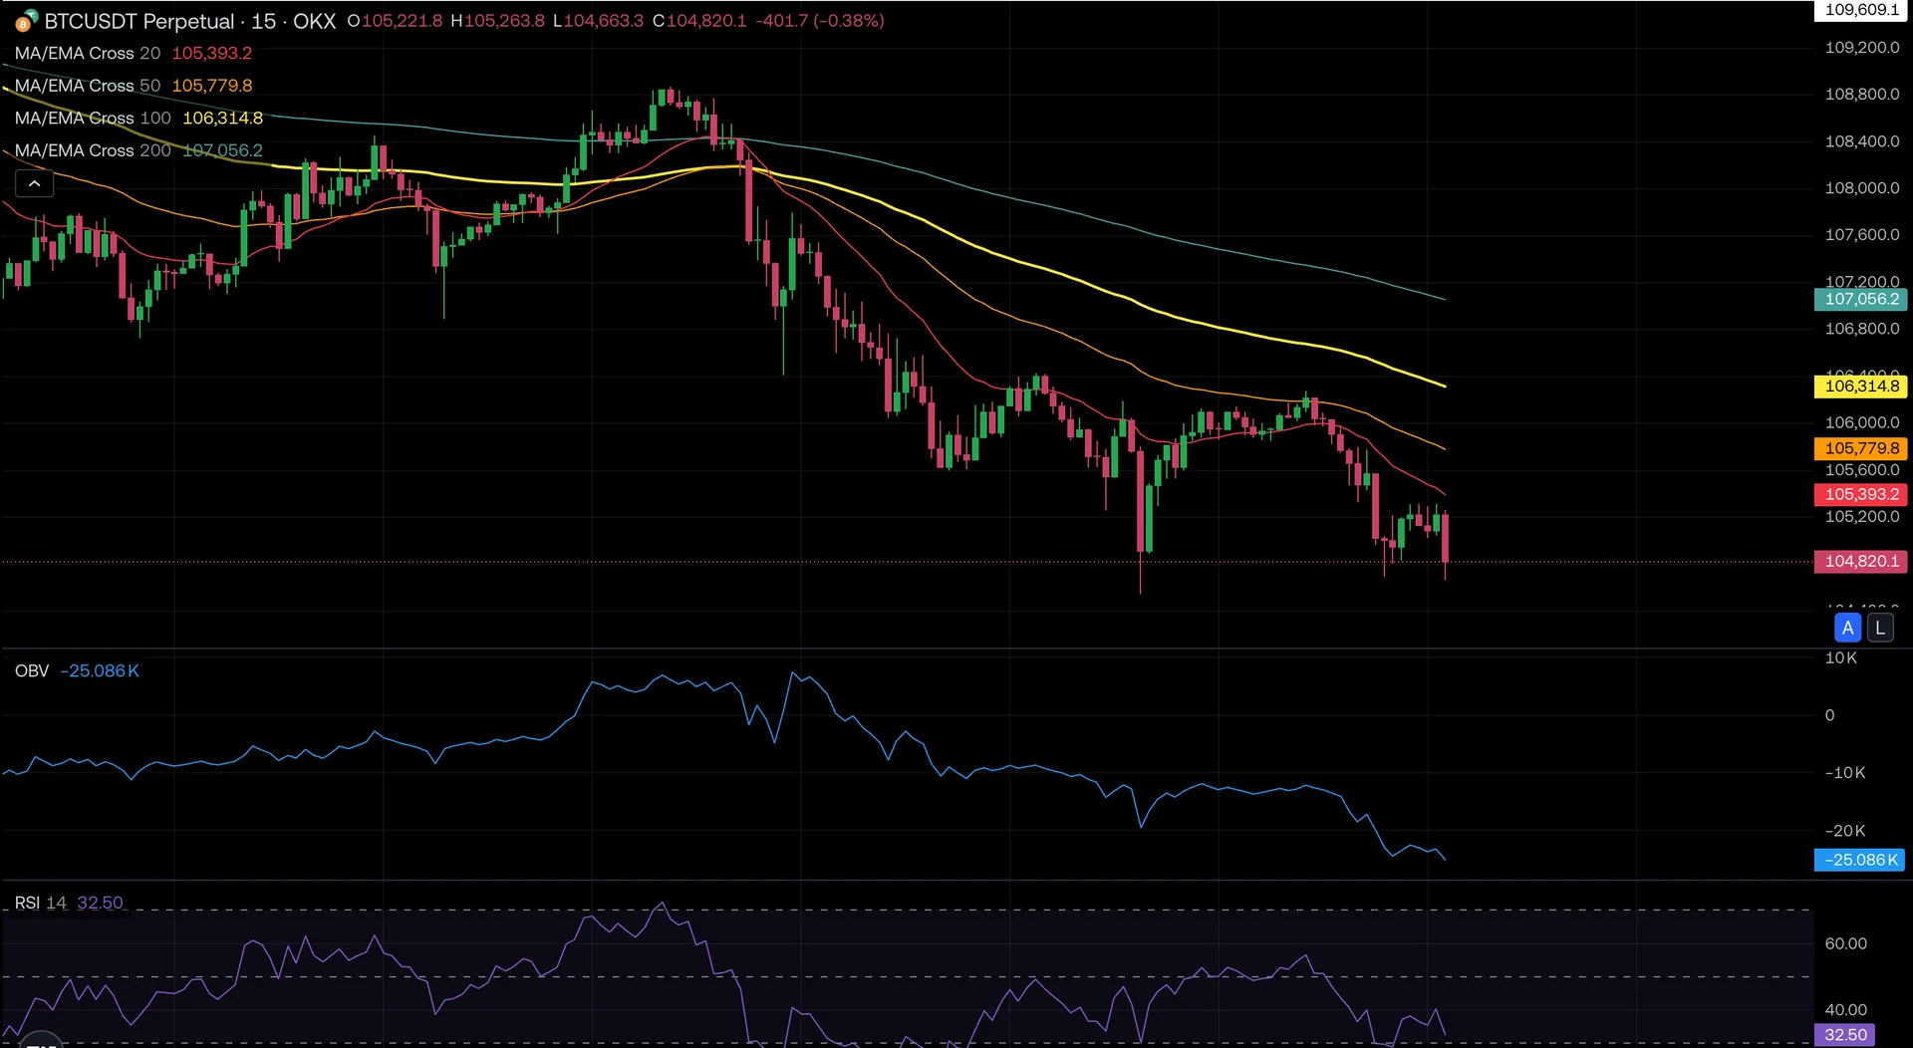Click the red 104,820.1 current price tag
point(1860,562)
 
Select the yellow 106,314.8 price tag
point(1860,387)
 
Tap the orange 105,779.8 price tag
point(1860,449)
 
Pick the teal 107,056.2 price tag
point(1860,299)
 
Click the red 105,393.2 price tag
point(1860,495)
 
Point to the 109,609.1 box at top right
point(1860,10)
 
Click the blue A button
point(1847,629)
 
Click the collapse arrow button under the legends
point(34,184)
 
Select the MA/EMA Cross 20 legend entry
point(88,54)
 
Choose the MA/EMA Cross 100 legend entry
point(93,119)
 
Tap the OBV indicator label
point(32,671)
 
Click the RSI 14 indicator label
point(41,904)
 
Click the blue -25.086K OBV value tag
point(1859,861)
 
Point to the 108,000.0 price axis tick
point(1861,188)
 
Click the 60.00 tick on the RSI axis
point(1845,944)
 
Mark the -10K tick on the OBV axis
point(1844,773)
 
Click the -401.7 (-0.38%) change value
point(819,21)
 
